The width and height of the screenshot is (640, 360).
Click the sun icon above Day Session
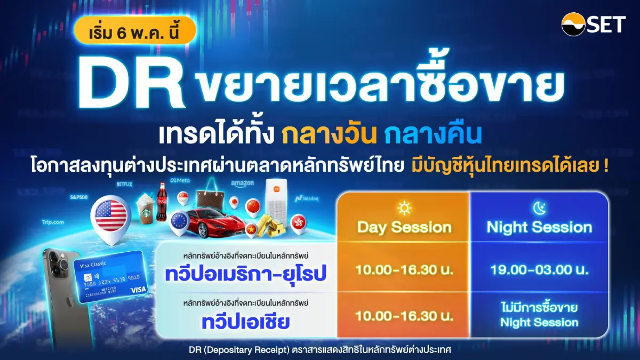[x=404, y=207]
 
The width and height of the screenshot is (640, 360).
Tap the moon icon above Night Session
[x=539, y=207]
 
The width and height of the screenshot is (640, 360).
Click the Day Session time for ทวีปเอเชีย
[x=404, y=315]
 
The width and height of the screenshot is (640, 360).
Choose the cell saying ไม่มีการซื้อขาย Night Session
[x=539, y=315]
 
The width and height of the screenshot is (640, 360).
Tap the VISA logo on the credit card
[x=138, y=289]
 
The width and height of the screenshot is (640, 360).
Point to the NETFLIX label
[x=124, y=183]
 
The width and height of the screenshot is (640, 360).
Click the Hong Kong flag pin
[x=299, y=222]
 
